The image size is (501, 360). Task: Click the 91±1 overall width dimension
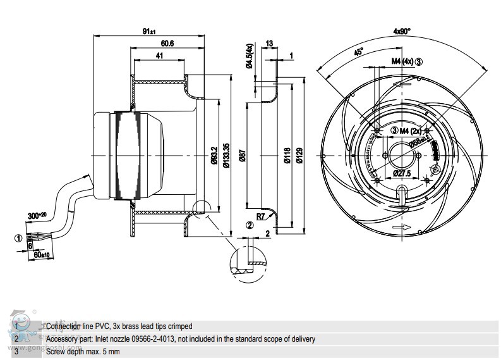click(x=150, y=31)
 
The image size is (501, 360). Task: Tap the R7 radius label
click(x=260, y=216)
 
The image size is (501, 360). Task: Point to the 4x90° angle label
click(x=402, y=30)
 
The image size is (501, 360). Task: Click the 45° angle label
click(x=358, y=53)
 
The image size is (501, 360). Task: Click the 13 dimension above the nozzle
click(x=269, y=44)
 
